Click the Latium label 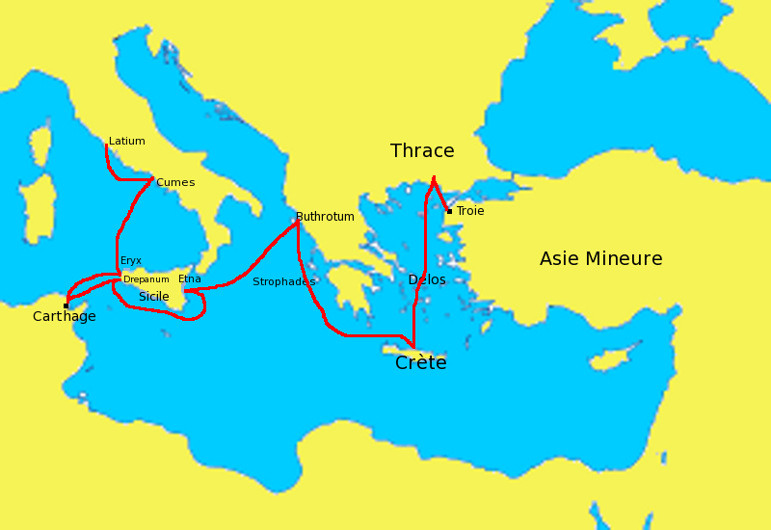(x=127, y=142)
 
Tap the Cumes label (x=175, y=183)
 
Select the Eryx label (x=131, y=261)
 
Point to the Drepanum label (x=146, y=280)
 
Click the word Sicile (x=154, y=297)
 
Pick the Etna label (x=190, y=279)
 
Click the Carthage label (x=64, y=317)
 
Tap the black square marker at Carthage (x=66, y=305)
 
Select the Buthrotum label (x=325, y=217)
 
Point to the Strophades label (x=283, y=282)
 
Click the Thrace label (x=422, y=151)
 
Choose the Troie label (x=470, y=211)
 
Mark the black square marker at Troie (x=449, y=211)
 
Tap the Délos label (x=427, y=280)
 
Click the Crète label (x=421, y=364)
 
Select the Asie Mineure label (x=600, y=259)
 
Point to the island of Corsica (x=40, y=145)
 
